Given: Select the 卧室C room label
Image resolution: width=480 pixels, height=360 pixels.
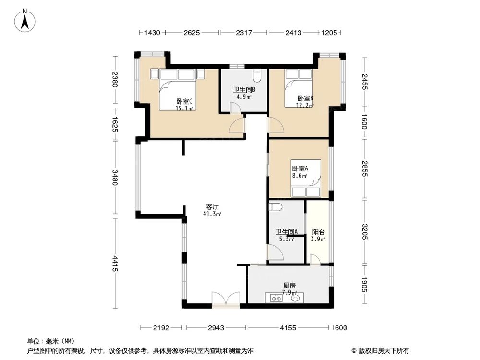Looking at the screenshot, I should [184, 101].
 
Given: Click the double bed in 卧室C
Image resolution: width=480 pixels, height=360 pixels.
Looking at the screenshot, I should [178, 89].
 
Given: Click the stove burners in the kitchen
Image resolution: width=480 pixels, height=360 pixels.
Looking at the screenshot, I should [276, 298].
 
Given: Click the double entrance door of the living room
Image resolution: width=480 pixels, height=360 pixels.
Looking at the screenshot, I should [226, 300].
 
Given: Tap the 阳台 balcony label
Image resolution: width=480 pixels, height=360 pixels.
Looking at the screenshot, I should [317, 231].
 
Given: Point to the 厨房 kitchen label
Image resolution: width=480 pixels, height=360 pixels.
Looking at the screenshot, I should [289, 286].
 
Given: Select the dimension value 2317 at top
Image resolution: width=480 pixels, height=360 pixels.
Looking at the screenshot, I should [243, 33].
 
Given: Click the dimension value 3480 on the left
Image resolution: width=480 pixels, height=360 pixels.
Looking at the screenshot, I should [115, 177].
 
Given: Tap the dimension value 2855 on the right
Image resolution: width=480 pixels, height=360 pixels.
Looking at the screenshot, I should [364, 168].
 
